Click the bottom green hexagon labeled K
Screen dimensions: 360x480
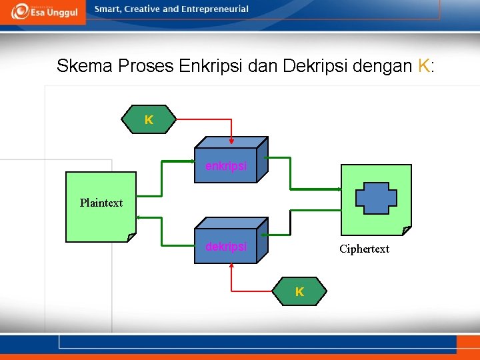click(299, 291)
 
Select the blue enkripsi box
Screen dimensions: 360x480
click(226, 165)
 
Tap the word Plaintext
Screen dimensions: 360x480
click(101, 203)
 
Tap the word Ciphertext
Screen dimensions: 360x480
click(364, 249)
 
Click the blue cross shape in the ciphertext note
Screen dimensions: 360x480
click(376, 198)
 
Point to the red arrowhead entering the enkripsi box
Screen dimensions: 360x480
click(231, 141)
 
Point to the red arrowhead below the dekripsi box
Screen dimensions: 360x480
click(231, 267)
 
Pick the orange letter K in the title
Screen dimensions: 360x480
click(423, 66)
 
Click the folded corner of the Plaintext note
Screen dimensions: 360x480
click(131, 237)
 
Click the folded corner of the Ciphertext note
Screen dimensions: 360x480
click(407, 231)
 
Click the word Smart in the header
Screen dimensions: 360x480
click(108, 9)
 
